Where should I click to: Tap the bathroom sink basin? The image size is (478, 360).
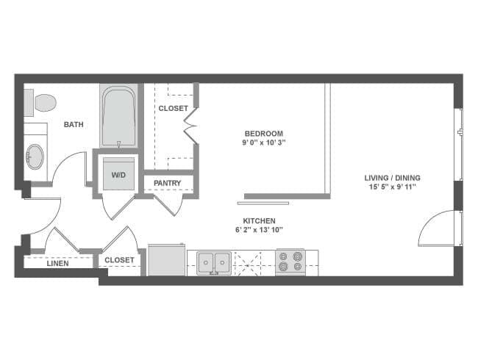35,156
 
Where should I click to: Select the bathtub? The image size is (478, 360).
118,116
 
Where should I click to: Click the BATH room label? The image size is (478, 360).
73,125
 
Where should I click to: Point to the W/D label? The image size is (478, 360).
118,175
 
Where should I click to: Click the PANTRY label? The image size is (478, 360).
168,183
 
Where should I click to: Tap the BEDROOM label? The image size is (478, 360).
265,134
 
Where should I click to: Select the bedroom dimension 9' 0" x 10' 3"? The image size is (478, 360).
265,143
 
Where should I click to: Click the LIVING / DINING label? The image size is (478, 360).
392,178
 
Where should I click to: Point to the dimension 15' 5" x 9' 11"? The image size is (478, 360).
392,187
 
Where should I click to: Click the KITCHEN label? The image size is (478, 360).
259,220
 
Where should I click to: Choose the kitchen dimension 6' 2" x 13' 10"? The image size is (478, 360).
259,230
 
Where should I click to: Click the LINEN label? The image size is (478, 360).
57,262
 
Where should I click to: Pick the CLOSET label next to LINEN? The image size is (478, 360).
119,260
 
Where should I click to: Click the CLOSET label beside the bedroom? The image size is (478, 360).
173,109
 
